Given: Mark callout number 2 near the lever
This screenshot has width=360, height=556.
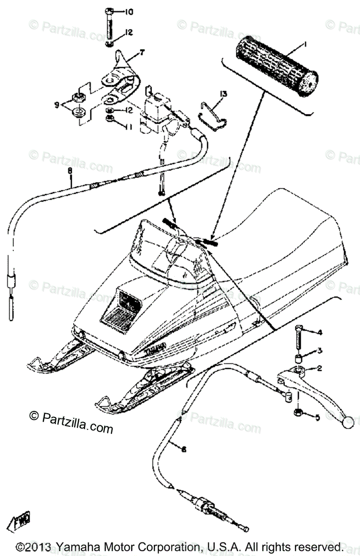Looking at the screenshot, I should click(x=332, y=369).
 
